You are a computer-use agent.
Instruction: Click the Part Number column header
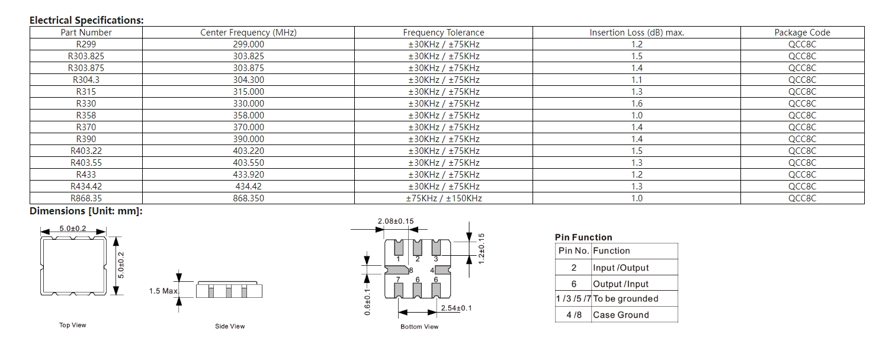[86, 33]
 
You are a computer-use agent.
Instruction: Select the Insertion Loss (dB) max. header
[636, 33]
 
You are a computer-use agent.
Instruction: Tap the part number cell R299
[86, 44]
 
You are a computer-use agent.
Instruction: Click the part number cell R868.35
[86, 198]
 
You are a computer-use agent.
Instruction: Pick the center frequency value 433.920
[248, 175]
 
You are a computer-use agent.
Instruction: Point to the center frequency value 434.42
[248, 187]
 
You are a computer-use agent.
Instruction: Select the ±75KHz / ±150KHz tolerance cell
[444, 198]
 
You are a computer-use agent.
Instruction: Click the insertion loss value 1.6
[636, 104]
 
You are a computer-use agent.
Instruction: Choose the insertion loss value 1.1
[636, 80]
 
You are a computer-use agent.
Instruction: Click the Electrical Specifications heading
[86, 20]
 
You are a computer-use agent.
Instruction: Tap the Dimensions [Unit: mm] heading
[86, 211]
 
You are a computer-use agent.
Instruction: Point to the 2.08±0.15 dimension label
[396, 221]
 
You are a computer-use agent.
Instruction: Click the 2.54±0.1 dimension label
[456, 308]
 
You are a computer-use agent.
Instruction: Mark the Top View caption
[72, 325]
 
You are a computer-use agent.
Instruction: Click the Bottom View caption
[419, 327]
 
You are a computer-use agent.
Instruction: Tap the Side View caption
[230, 326]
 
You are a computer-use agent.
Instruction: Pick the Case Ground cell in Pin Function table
[621, 315]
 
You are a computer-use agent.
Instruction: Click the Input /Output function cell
[621, 268]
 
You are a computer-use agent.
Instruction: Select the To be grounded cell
[626, 298]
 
